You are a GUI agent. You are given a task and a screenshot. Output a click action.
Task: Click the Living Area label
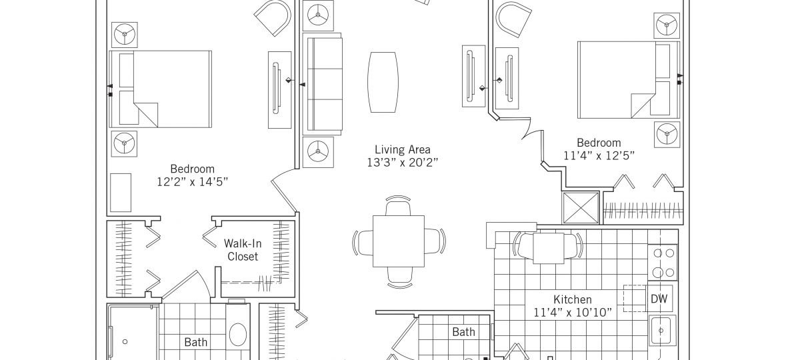(x=402, y=149)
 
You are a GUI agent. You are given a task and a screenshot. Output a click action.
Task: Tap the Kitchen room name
(x=572, y=299)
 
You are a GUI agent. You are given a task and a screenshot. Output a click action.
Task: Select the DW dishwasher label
(x=659, y=299)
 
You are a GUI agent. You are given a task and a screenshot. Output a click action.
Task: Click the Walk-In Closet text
(x=243, y=250)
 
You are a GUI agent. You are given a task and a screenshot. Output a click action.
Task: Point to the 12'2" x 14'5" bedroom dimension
(x=192, y=182)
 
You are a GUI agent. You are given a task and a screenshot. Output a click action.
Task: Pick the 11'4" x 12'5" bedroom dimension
(x=599, y=156)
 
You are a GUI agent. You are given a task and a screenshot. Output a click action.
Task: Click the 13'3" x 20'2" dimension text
(x=402, y=163)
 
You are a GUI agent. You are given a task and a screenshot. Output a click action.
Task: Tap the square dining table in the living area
(x=399, y=241)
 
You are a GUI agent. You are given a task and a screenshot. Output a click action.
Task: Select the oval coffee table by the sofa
(x=383, y=82)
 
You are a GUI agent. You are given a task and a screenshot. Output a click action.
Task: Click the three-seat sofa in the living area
(x=322, y=84)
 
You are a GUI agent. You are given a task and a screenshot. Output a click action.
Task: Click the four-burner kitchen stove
(x=663, y=263)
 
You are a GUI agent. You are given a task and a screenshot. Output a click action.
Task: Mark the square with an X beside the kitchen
(x=581, y=207)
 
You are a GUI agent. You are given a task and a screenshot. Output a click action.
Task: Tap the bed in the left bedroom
(x=161, y=89)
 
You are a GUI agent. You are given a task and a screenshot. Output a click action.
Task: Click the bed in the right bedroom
(x=629, y=79)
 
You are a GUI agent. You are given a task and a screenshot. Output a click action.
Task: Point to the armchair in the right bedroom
(x=513, y=19)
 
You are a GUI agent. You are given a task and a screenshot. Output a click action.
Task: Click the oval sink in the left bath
(x=238, y=334)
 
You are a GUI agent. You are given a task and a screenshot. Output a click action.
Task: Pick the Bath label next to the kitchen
(x=463, y=332)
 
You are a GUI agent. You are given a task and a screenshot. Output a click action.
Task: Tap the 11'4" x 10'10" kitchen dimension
(x=572, y=313)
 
